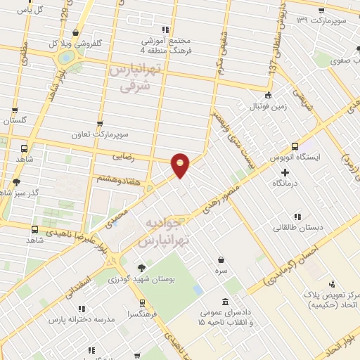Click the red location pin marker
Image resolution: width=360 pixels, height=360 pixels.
(181, 165)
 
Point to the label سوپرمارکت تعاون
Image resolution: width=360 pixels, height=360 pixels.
(99, 134)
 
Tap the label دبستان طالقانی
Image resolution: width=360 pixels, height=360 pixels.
(295, 228)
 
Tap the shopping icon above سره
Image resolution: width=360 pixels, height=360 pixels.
(221, 260)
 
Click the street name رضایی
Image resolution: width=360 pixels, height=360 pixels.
(142, 159)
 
